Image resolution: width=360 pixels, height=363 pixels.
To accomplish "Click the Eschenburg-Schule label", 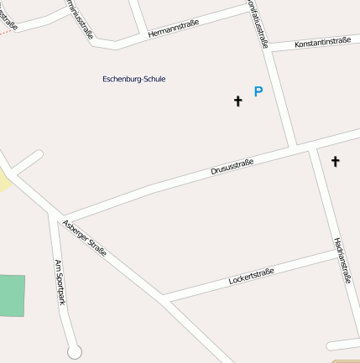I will (133, 79).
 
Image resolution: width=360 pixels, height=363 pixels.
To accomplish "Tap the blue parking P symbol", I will (258, 92).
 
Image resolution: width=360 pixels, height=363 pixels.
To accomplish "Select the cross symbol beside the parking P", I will (237, 101).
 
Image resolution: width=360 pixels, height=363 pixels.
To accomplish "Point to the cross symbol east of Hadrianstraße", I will (335, 161).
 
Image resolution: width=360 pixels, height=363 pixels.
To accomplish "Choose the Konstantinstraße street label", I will (322, 42).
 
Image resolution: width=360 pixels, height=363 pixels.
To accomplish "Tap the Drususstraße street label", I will (232, 165).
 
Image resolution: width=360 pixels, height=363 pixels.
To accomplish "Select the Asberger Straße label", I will (85, 236).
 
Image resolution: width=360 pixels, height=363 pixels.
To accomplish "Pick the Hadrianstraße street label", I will (341, 260).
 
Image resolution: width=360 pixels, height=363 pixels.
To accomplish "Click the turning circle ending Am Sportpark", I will (76, 351).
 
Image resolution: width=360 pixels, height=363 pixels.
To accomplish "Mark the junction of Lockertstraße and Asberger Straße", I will (164, 296).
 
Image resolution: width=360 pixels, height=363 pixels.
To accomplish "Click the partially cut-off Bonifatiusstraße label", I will (258, 23).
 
